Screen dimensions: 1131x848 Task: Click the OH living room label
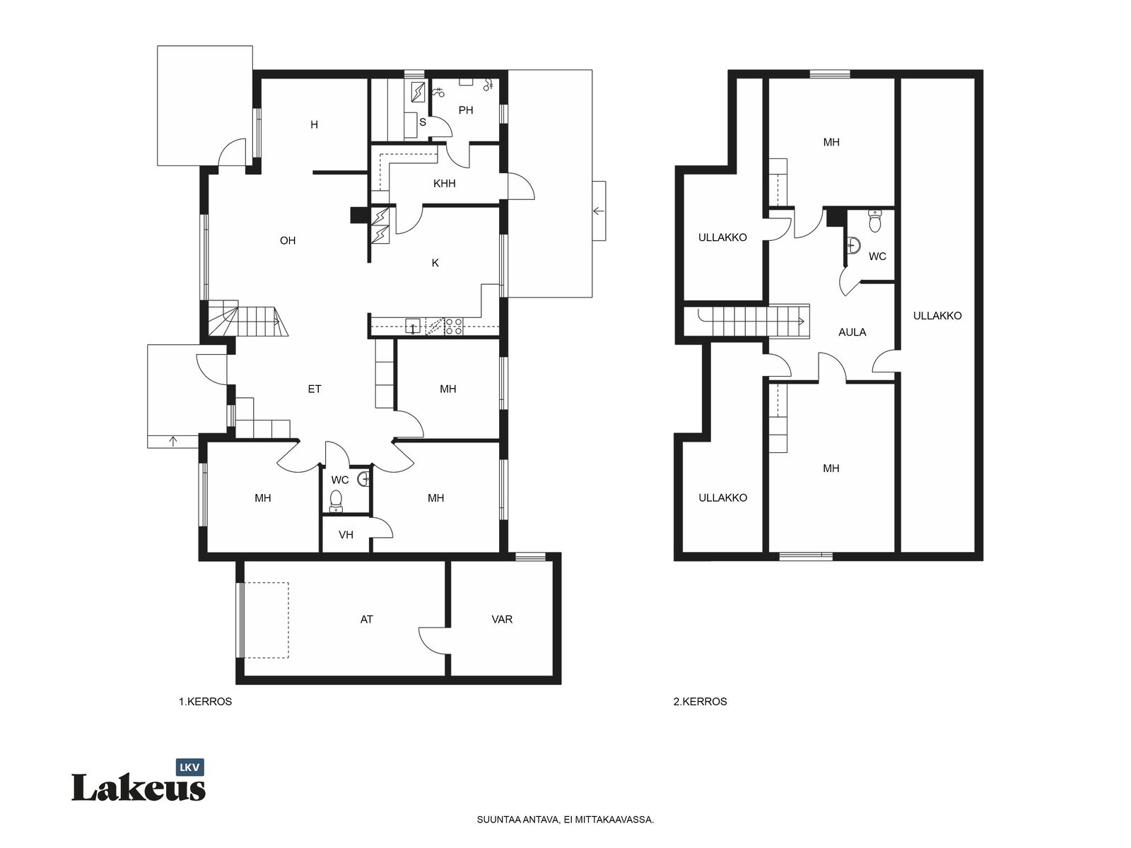(x=288, y=240)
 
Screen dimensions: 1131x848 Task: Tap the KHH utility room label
(x=444, y=183)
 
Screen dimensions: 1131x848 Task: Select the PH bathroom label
(x=466, y=110)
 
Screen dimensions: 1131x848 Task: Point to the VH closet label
(x=346, y=535)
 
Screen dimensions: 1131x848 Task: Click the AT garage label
(x=366, y=620)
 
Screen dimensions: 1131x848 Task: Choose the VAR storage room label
(x=502, y=620)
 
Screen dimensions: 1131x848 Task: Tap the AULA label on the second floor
(x=852, y=332)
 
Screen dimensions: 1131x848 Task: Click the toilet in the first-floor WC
(x=336, y=501)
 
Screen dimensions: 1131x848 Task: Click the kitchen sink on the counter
(x=412, y=326)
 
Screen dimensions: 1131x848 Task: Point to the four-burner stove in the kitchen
(x=453, y=326)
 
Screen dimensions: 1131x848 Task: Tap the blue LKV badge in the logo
(x=189, y=767)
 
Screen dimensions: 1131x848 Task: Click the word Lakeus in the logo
(x=138, y=788)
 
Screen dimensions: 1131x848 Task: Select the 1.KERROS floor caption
(x=205, y=701)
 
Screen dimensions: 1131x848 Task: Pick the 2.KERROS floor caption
(x=700, y=701)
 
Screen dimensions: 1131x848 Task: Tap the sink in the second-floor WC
(x=853, y=246)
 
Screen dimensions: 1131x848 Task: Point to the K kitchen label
(x=435, y=263)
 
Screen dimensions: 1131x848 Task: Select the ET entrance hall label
(x=315, y=389)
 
